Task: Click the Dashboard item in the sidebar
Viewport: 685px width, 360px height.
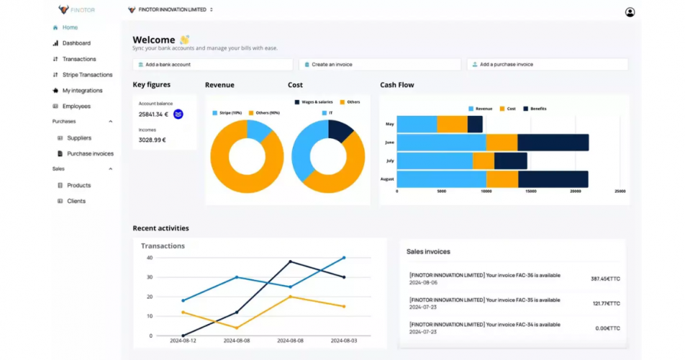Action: (x=76, y=43)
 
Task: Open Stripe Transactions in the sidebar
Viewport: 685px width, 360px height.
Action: (x=86, y=75)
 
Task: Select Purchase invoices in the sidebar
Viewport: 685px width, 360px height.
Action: (x=90, y=153)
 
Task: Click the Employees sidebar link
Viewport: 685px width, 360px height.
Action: (x=76, y=107)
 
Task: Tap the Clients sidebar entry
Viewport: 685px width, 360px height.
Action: (x=76, y=201)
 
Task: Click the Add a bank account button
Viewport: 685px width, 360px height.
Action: (x=213, y=65)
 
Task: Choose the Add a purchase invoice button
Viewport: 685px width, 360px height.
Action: (x=547, y=65)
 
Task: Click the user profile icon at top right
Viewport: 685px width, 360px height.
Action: (x=630, y=12)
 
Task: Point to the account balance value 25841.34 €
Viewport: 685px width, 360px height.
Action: (x=153, y=114)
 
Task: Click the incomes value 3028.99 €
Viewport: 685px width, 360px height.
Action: (x=153, y=140)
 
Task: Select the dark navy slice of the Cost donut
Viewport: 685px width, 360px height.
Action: (x=340, y=130)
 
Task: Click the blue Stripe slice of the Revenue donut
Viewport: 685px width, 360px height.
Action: (x=258, y=130)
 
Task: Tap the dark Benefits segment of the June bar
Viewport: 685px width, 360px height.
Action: (x=553, y=143)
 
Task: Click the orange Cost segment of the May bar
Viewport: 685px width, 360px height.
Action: (x=452, y=125)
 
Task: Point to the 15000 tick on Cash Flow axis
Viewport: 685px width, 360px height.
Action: (x=531, y=192)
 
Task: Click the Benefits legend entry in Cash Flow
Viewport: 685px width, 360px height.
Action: (x=535, y=109)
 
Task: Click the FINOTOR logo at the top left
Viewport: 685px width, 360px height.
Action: (x=77, y=10)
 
